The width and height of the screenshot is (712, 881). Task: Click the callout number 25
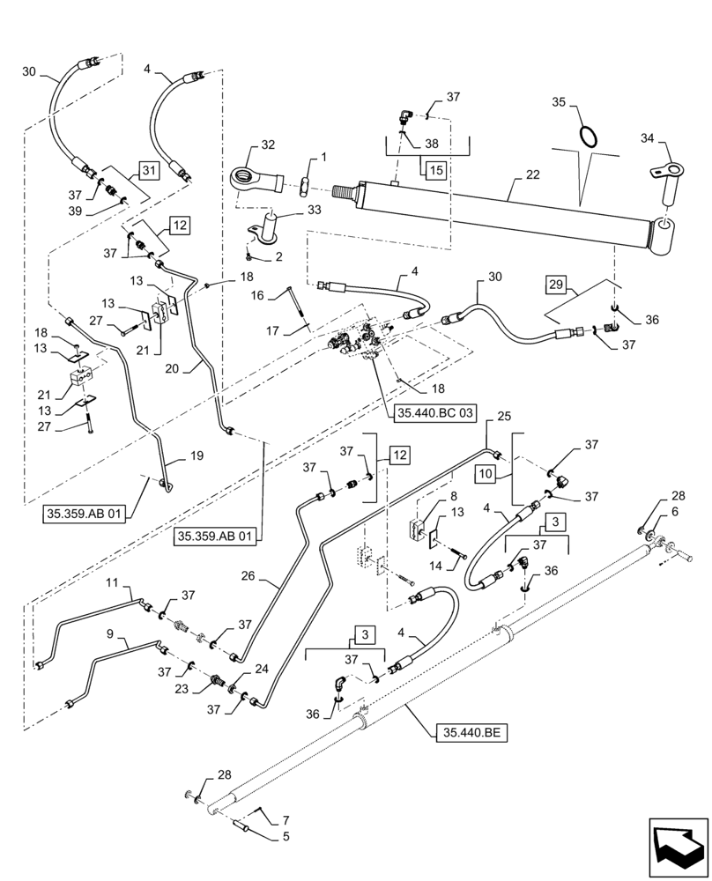[x=504, y=415]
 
